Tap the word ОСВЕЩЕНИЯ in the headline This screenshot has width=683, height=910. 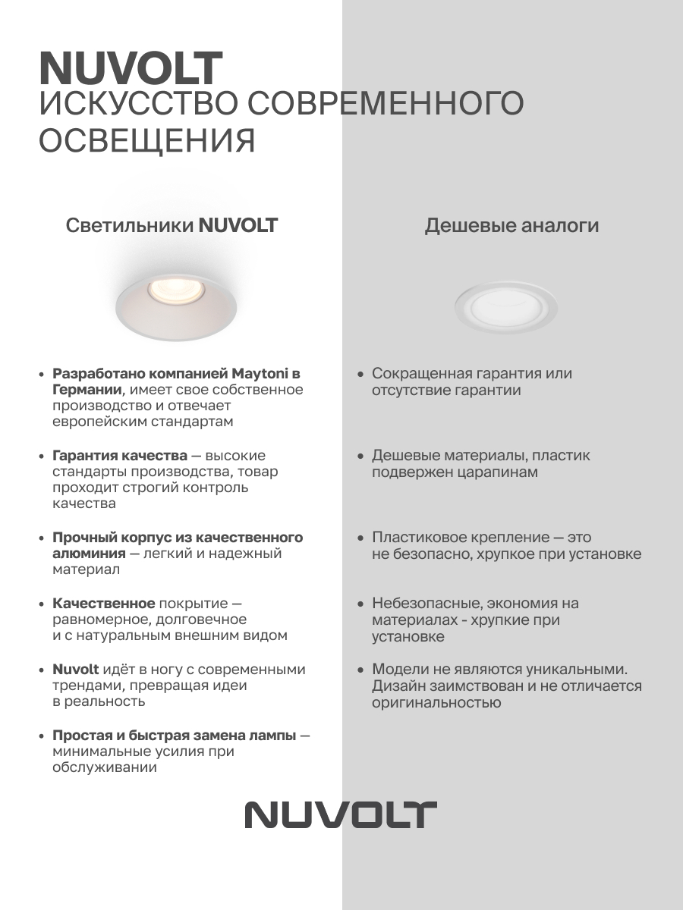tap(146, 140)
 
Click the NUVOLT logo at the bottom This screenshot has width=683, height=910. tap(341, 814)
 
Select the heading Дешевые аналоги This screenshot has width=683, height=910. tap(511, 225)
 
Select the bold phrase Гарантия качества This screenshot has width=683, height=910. tap(120, 456)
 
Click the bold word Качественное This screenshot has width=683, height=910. tap(103, 604)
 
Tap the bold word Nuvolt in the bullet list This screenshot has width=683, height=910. tap(76, 670)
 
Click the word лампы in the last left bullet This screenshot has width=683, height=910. tap(273, 736)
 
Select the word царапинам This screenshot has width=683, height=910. tap(496, 472)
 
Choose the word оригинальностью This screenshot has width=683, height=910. tap(436, 703)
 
